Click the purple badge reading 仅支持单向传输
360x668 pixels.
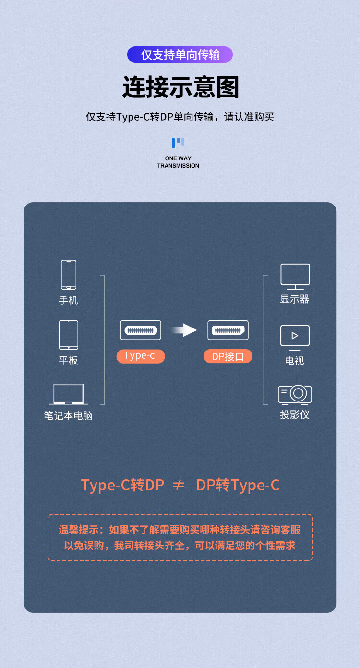pyautogui.click(x=180, y=55)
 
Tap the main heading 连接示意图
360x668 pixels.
pyautogui.click(x=180, y=87)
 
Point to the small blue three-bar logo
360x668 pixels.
pyautogui.click(x=178, y=143)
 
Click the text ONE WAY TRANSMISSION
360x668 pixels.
pyautogui.click(x=178, y=162)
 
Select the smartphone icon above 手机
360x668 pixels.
pyautogui.click(x=69, y=275)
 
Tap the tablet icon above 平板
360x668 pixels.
pyautogui.click(x=69, y=335)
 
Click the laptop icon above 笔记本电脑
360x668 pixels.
pyautogui.click(x=69, y=394)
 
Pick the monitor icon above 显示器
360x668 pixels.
pyautogui.click(x=295, y=277)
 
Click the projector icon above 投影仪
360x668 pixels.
pyautogui.click(x=295, y=395)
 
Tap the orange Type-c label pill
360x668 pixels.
pyautogui.click(x=140, y=356)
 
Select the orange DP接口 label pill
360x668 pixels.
pyautogui.click(x=228, y=356)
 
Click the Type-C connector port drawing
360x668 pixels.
pyautogui.click(x=141, y=330)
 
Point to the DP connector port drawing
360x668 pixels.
pyautogui.click(x=228, y=330)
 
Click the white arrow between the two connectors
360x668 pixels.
pyautogui.click(x=184, y=330)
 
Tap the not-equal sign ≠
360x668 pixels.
pyautogui.click(x=179, y=485)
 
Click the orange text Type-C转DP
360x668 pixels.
pyautogui.click(x=122, y=485)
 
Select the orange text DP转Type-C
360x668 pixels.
pyautogui.click(x=238, y=485)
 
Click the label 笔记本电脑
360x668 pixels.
pyautogui.click(x=68, y=415)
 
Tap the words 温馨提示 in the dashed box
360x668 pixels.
pyautogui.click(x=79, y=530)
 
